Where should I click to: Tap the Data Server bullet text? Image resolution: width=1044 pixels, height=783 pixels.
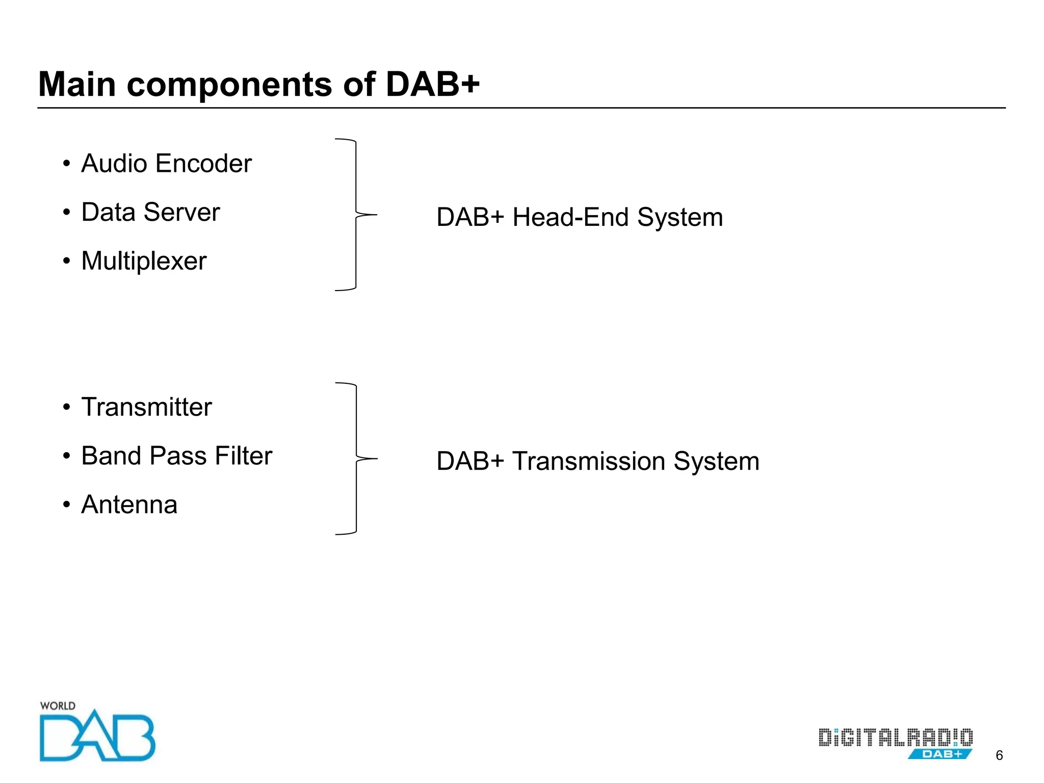(150, 212)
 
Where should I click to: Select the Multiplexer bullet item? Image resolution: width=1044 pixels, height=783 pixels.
(144, 261)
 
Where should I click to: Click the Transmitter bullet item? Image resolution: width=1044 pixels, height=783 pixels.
(146, 407)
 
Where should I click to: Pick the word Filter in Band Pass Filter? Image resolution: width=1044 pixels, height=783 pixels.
(243, 456)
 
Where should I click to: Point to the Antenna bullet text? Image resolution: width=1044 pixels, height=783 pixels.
(129, 505)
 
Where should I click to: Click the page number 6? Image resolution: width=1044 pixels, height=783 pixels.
(999, 755)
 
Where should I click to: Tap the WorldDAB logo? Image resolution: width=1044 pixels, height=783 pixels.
(97, 734)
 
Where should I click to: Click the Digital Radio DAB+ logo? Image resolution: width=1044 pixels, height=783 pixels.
(896, 743)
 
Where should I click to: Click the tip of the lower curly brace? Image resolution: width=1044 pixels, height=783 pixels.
(376, 459)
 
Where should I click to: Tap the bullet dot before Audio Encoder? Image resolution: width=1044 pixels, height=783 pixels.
(66, 164)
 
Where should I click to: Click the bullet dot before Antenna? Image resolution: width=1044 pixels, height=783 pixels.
(66, 505)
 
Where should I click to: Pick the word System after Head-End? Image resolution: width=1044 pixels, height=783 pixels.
(680, 217)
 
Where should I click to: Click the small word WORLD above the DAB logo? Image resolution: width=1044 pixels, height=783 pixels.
(58, 706)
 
